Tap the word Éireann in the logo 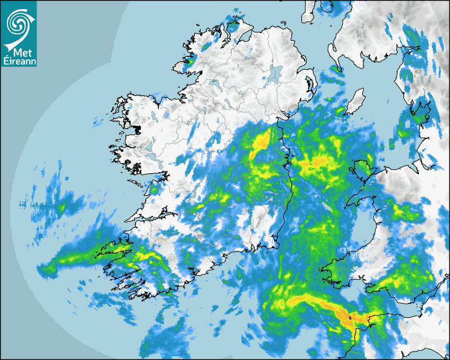point(19,60)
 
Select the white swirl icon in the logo point(19,24)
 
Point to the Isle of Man point(356,101)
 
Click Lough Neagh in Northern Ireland point(274,73)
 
